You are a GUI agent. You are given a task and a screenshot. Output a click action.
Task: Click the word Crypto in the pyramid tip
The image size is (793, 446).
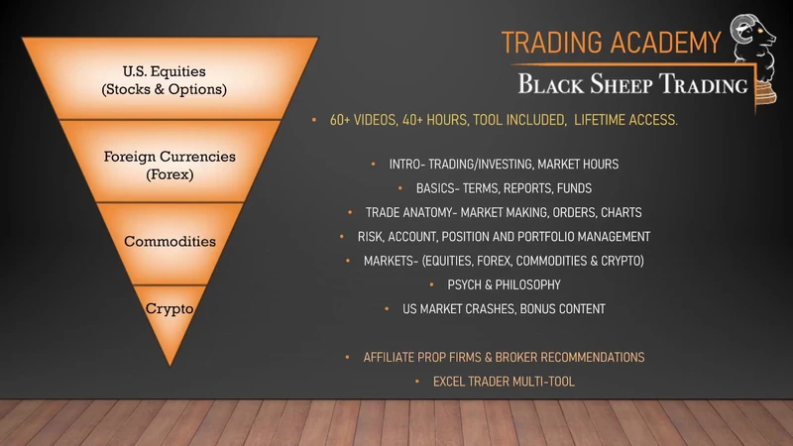[170, 308]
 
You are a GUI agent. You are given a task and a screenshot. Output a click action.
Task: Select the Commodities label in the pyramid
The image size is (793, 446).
[170, 241]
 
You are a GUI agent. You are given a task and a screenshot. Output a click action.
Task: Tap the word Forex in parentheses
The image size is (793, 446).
[170, 174]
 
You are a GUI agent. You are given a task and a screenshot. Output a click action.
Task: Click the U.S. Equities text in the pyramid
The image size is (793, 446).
[164, 71]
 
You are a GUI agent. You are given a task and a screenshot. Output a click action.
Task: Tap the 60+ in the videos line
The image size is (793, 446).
[340, 120]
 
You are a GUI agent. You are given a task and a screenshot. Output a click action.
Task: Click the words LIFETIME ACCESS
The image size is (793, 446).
[625, 120]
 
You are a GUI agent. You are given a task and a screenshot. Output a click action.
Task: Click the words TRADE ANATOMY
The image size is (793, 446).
[409, 213]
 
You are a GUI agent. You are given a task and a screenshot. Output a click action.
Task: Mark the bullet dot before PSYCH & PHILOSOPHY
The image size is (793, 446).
[431, 285]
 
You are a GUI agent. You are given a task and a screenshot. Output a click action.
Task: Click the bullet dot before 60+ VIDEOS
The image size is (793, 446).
[314, 120]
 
